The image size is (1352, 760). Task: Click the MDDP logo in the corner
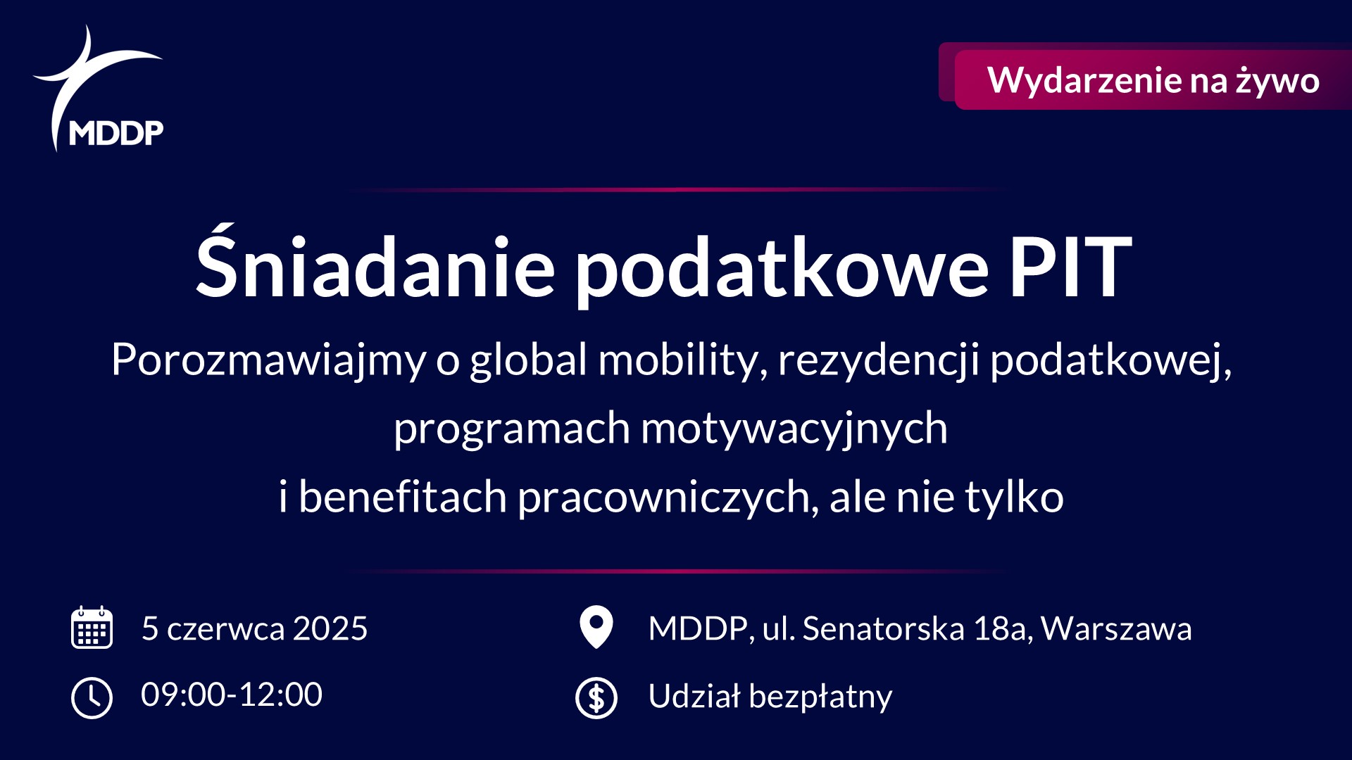click(x=99, y=91)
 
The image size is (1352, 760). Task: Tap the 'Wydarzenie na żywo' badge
click(x=1153, y=80)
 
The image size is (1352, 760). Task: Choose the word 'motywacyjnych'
click(x=794, y=428)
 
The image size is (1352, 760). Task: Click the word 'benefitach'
click(x=402, y=497)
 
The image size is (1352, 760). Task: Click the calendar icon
click(x=92, y=627)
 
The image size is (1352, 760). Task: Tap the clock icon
click(x=92, y=697)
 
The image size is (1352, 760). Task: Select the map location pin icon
click(x=596, y=626)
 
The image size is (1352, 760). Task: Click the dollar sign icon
click(x=596, y=697)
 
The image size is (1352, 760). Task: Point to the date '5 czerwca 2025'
click(x=254, y=628)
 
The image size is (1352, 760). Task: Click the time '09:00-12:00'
click(x=232, y=695)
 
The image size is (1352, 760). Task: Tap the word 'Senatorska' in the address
click(x=883, y=628)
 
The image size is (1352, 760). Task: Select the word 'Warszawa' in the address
click(x=1116, y=628)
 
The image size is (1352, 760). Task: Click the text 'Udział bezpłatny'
click(x=770, y=697)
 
